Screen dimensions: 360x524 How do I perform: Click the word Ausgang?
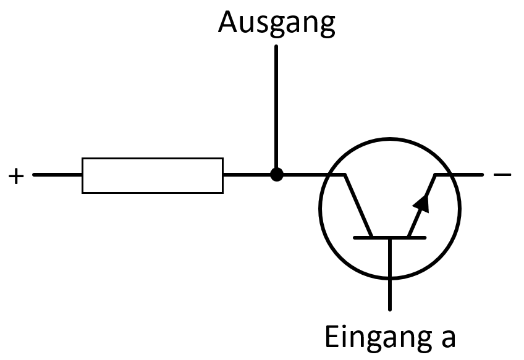(x=276, y=23)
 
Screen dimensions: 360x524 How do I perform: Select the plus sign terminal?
(x=16, y=176)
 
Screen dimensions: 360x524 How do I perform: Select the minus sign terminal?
(x=502, y=175)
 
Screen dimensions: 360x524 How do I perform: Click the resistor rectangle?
(x=153, y=175)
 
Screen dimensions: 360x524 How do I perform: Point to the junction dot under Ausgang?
(x=276, y=175)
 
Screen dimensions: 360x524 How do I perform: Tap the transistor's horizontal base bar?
(x=389, y=237)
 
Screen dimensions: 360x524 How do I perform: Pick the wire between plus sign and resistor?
(x=57, y=175)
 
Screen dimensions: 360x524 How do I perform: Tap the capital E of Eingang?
(x=332, y=337)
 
